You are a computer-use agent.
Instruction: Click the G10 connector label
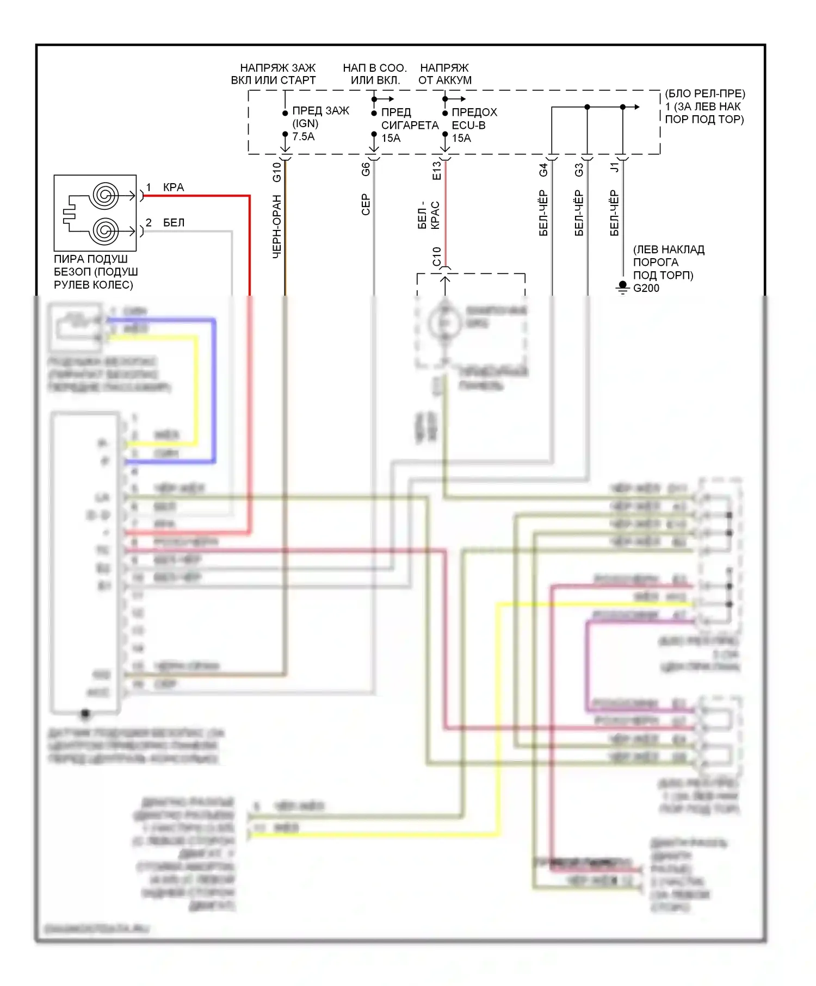click(276, 172)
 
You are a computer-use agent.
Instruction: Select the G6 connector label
click(366, 169)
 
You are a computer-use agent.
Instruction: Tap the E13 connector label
click(436, 171)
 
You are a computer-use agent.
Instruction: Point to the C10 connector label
click(436, 257)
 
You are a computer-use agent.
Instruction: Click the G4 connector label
click(543, 170)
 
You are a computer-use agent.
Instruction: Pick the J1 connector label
click(614, 167)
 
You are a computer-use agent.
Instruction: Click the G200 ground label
click(646, 288)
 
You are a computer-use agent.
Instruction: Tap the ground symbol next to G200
click(622, 287)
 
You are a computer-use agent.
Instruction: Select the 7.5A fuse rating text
click(303, 136)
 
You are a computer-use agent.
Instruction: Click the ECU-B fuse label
click(468, 125)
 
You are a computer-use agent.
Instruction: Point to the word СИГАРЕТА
click(410, 125)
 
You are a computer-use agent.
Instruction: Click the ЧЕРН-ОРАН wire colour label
click(276, 226)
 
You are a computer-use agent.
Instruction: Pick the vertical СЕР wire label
click(366, 204)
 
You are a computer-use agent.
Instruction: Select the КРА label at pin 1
click(174, 187)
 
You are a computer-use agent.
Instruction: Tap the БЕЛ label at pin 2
click(174, 222)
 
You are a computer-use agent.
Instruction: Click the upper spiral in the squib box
click(105, 195)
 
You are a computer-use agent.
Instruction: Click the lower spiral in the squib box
click(105, 230)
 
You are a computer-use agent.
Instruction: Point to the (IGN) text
click(305, 123)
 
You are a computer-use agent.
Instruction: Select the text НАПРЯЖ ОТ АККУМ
click(444, 74)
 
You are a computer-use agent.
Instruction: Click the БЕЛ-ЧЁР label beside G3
click(579, 213)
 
